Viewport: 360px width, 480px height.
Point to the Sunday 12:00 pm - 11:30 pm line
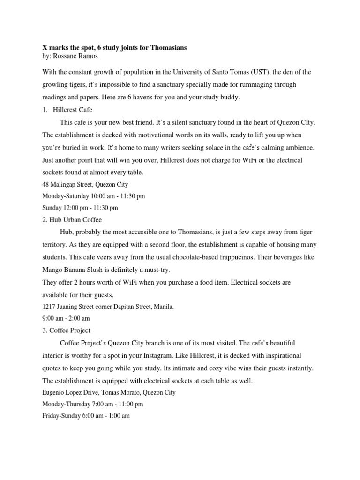pyautogui.click(x=80, y=208)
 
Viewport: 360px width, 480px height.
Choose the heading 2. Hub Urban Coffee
pyautogui.click(x=72, y=219)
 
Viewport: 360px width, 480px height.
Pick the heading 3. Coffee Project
pyautogui.click(x=67, y=330)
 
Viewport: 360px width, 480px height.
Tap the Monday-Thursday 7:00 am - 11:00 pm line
pyautogui.click(x=93, y=404)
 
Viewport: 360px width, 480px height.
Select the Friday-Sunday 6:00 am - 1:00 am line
pyautogui.click(x=86, y=416)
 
